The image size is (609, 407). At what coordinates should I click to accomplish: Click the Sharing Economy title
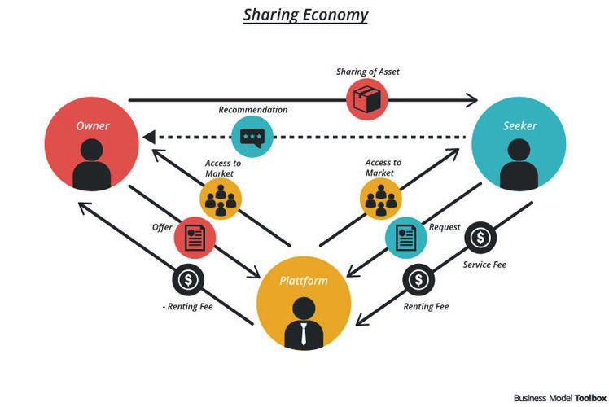305,15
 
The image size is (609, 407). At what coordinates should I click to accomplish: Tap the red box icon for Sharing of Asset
367,99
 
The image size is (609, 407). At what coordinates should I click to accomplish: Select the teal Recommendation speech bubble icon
252,136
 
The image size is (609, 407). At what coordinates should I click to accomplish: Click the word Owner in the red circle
93,126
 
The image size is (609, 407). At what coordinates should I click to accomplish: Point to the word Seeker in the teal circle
519,126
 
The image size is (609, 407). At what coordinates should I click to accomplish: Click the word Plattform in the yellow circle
304,281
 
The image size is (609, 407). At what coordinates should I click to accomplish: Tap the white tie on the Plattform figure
304,333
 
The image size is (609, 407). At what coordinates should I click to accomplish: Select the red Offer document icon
195,238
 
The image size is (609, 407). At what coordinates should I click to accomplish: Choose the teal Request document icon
406,238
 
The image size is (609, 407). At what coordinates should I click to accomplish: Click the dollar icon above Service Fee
480,238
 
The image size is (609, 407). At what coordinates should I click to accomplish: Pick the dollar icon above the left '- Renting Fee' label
188,280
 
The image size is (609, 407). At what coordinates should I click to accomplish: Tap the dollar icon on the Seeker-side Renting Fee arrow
418,280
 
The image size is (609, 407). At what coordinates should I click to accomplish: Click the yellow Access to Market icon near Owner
221,199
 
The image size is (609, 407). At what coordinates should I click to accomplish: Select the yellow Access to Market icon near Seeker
381,199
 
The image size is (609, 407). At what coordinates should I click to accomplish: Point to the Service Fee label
484,265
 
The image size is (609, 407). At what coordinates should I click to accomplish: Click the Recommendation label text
253,110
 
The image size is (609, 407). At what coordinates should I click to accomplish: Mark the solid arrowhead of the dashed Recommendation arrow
149,137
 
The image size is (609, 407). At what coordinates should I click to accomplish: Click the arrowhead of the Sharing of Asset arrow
471,100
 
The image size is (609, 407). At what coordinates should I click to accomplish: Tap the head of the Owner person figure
92,150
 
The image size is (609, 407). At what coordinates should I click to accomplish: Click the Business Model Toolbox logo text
559,398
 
